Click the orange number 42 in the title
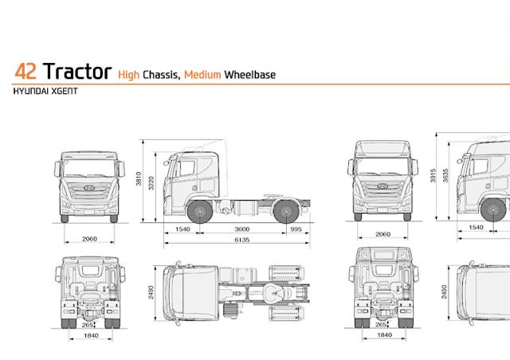(x=25, y=71)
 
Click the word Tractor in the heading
(x=77, y=71)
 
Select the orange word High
(x=128, y=75)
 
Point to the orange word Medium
(x=202, y=75)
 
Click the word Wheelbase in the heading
(x=249, y=75)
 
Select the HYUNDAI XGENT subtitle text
(x=45, y=92)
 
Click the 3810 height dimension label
(x=139, y=178)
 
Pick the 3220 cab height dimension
(x=151, y=182)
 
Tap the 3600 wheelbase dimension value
(x=242, y=229)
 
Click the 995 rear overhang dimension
(x=296, y=229)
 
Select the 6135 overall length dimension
(x=242, y=240)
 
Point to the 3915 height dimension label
(x=433, y=175)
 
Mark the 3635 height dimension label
(x=445, y=175)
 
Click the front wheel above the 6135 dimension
(x=200, y=212)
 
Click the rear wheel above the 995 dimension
(x=286, y=212)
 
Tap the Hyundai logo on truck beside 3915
(x=382, y=186)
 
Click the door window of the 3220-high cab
(x=186, y=168)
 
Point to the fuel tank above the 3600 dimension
(x=245, y=208)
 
